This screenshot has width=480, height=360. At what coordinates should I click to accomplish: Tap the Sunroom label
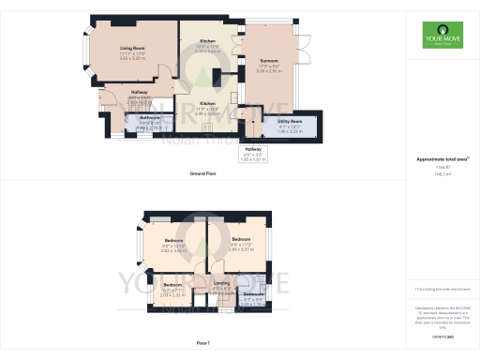coord(270,61)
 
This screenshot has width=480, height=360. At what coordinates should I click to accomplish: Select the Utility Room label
coord(290,121)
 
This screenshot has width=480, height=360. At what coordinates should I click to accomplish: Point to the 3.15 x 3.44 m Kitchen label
coord(208,42)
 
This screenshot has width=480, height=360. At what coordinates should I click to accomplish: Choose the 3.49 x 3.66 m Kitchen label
coord(208,103)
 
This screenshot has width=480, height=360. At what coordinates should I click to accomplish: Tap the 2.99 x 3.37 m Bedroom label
coord(241,240)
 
